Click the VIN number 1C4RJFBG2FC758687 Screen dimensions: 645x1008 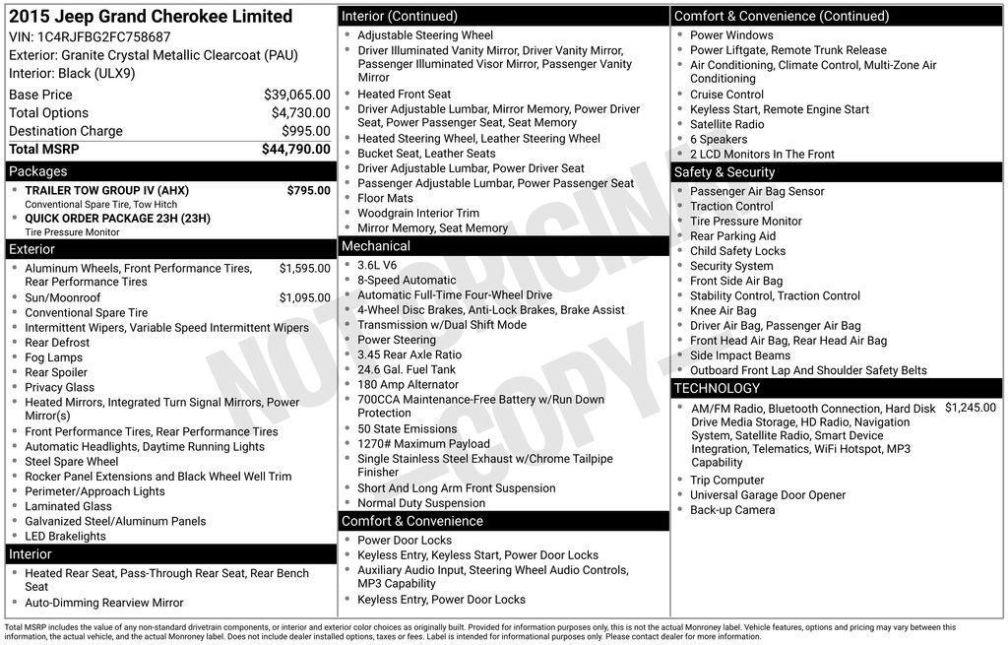(x=103, y=37)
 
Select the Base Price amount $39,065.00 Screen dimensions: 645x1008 (x=297, y=95)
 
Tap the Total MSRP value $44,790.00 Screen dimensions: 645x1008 (x=296, y=150)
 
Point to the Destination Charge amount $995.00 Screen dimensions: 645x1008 (x=306, y=131)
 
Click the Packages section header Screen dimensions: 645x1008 (x=38, y=171)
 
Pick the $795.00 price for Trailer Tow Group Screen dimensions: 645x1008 (x=308, y=191)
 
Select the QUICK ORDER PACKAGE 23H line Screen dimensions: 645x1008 (x=117, y=219)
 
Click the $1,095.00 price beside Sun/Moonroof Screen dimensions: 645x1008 (x=304, y=298)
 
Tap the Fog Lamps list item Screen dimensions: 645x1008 (x=53, y=357)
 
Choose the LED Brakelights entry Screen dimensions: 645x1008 (x=65, y=537)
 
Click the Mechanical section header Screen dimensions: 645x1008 (x=375, y=246)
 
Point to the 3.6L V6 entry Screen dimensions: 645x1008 (x=377, y=265)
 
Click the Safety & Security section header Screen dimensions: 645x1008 (x=724, y=172)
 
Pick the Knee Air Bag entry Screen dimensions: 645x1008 (x=723, y=311)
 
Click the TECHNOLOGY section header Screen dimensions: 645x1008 (x=718, y=388)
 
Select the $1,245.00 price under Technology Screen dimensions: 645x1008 (x=970, y=408)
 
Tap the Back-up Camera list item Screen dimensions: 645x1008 (x=732, y=510)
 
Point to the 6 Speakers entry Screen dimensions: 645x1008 (x=719, y=140)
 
